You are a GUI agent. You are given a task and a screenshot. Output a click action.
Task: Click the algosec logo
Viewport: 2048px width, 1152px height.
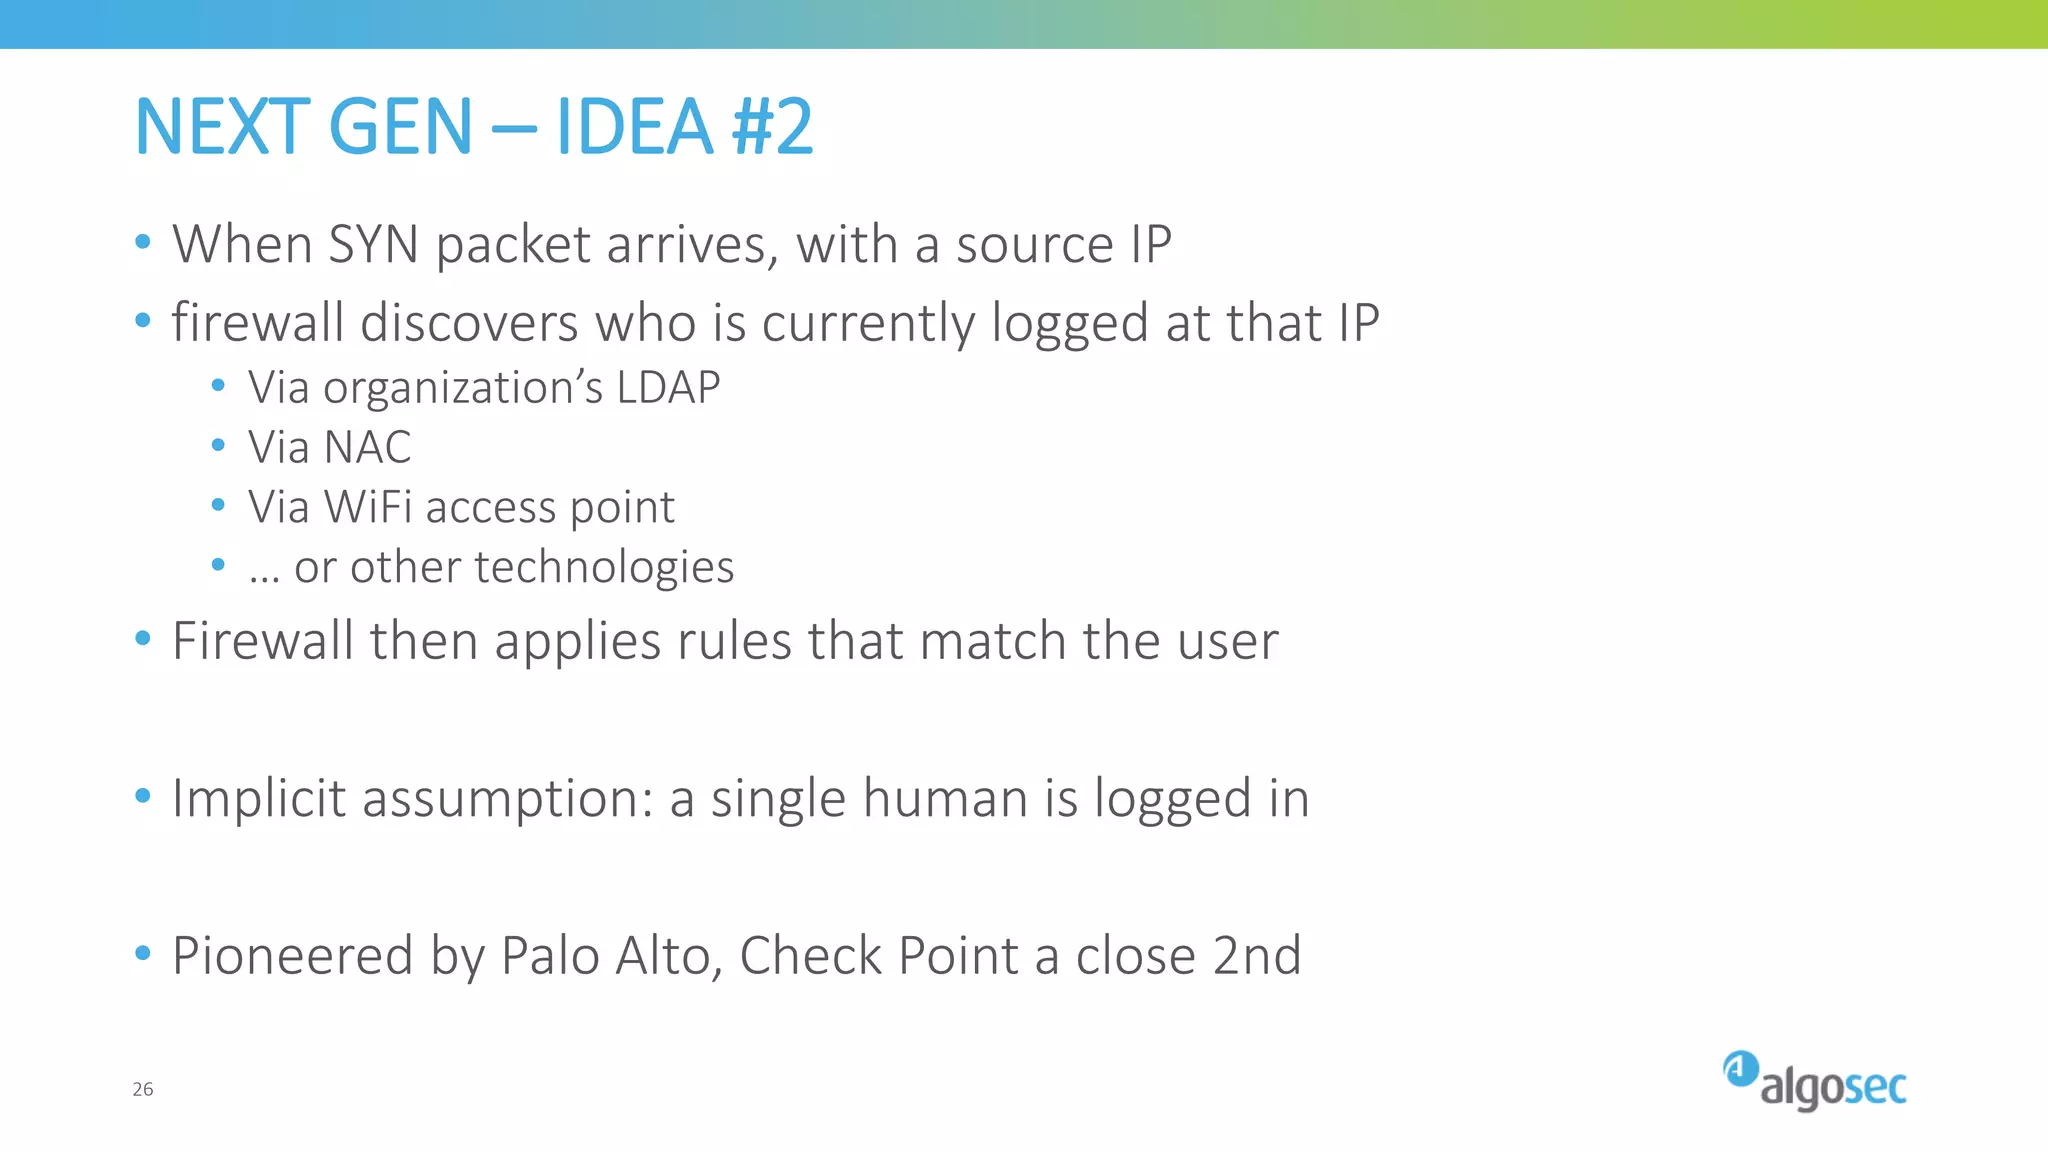point(1814,1082)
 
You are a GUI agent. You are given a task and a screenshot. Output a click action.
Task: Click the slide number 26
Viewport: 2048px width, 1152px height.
point(143,1089)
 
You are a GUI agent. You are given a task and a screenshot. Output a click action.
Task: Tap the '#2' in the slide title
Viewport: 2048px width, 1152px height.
point(773,127)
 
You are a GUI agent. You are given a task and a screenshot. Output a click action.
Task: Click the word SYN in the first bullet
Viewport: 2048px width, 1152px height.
point(373,245)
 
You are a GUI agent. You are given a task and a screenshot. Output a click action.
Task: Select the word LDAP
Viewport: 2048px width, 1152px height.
point(668,388)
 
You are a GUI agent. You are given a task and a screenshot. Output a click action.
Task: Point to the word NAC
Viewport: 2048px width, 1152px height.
point(367,448)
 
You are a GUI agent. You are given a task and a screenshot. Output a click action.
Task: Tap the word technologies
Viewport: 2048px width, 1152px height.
point(604,567)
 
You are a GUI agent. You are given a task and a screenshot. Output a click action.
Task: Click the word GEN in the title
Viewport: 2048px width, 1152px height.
point(400,127)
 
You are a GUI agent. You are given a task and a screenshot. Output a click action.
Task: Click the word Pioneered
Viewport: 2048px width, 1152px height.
point(292,956)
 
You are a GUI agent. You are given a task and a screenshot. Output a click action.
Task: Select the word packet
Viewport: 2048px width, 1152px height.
point(513,245)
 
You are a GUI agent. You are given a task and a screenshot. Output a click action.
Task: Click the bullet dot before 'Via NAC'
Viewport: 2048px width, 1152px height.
point(219,445)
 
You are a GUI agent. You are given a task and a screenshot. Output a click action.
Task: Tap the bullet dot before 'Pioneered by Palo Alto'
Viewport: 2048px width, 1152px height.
point(143,953)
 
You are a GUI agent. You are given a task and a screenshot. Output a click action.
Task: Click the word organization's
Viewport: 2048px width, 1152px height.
point(463,388)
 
